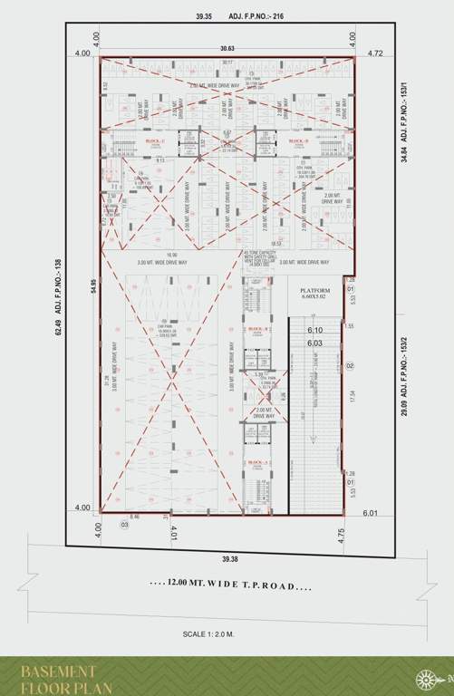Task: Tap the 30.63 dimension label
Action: pos(214,48)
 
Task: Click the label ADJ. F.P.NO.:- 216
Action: pos(274,15)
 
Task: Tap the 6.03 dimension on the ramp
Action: pos(315,343)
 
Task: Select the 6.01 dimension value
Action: pos(370,513)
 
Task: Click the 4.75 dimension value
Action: pos(342,536)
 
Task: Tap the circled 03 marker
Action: pos(125,524)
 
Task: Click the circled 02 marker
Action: pos(349,365)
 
